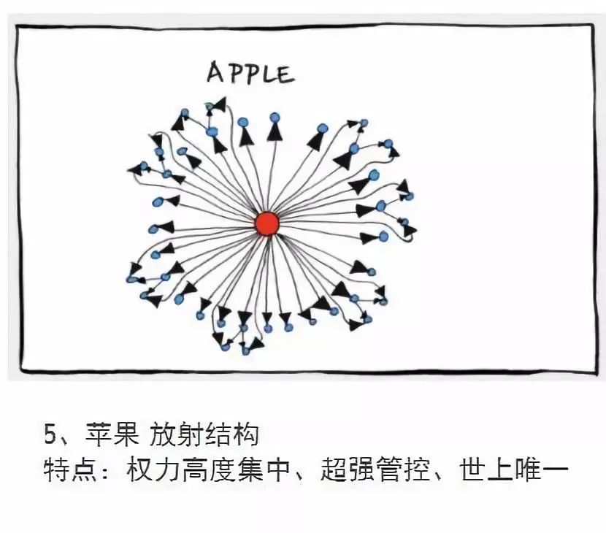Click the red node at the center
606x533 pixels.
(267, 224)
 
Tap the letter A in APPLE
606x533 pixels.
(215, 73)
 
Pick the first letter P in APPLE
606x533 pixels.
(232, 73)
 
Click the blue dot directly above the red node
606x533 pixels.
(275, 117)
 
